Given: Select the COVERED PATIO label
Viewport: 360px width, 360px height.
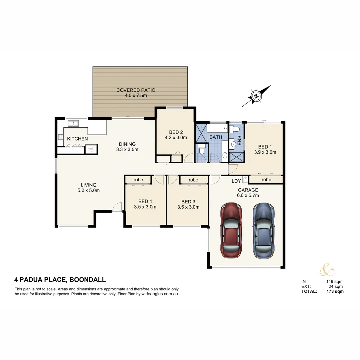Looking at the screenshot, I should pyautogui.click(x=136, y=90).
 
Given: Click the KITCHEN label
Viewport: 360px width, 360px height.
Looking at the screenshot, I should pyautogui.click(x=77, y=139).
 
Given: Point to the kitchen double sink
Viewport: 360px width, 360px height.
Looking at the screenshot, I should pyautogui.click(x=73, y=124).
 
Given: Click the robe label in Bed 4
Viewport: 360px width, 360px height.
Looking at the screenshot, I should pyautogui.click(x=138, y=180).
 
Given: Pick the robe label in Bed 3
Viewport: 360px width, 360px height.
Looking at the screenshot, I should pyautogui.click(x=193, y=180).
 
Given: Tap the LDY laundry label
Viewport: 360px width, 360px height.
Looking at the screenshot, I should pyautogui.click(x=236, y=181).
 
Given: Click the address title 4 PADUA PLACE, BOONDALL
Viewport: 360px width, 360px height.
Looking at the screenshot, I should pyautogui.click(x=60, y=280).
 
